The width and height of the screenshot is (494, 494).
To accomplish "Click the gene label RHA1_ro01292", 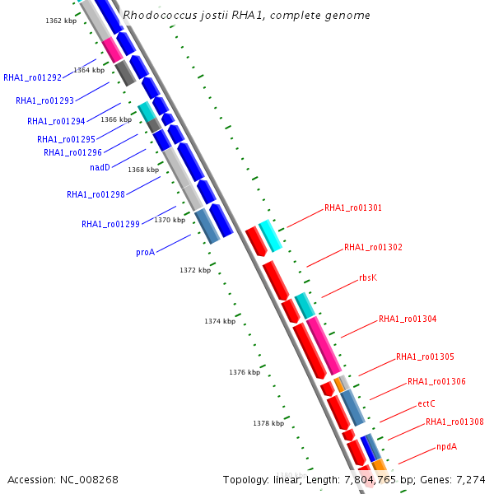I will [33, 78].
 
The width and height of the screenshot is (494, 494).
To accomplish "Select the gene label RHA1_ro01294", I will [56, 121].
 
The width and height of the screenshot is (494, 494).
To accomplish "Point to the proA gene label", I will [145, 252].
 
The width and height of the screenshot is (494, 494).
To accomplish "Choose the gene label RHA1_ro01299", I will [110, 224].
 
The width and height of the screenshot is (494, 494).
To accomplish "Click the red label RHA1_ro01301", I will [353, 208].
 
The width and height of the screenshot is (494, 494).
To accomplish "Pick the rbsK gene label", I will [368, 277].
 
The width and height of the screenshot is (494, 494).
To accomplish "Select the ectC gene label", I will [426, 403].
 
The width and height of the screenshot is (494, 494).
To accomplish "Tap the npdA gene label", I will [446, 446].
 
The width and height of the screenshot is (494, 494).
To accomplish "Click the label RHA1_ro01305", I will [425, 357].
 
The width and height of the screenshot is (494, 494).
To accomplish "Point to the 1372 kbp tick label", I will [195, 270].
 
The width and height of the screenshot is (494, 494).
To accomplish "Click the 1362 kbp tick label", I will [61, 21].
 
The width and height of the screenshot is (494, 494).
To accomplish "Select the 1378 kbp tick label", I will [268, 423].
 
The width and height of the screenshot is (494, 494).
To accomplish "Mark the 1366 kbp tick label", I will [116, 119].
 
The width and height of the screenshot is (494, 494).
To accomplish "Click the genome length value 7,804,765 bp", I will [373, 479].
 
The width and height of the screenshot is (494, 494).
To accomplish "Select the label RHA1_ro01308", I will [454, 422].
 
